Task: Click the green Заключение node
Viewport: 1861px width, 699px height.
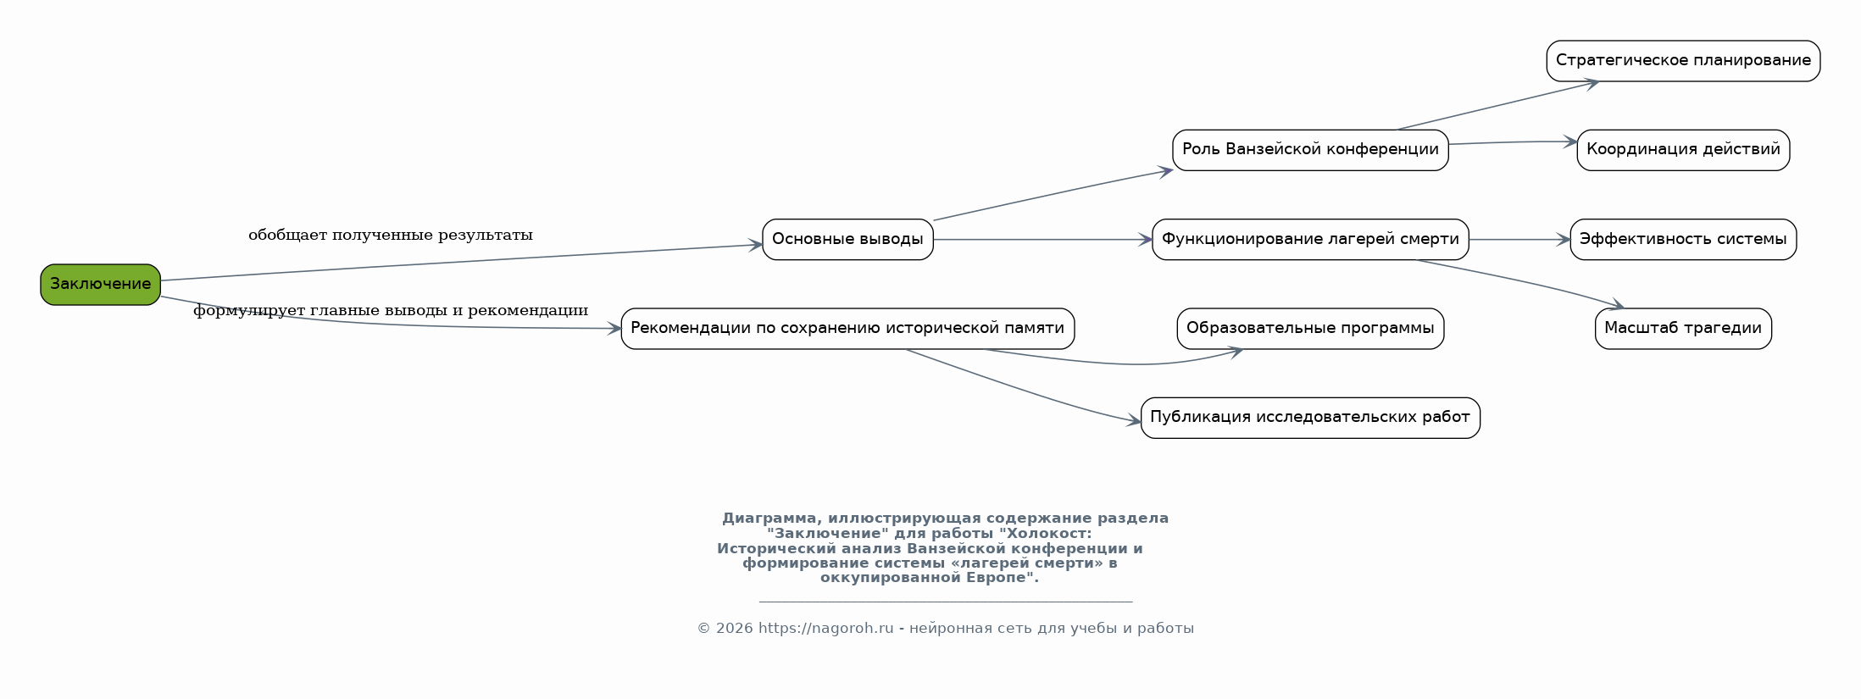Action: click(x=100, y=285)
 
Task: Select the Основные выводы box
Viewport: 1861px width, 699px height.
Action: click(x=847, y=240)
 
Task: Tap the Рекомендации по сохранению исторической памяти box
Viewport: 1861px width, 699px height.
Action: click(x=847, y=329)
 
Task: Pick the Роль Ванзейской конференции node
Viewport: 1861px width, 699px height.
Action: click(x=1310, y=150)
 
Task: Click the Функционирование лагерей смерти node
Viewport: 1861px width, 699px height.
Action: click(x=1310, y=240)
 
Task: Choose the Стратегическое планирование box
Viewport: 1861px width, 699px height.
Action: click(x=1683, y=61)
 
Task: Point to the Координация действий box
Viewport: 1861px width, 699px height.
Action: click(x=1683, y=150)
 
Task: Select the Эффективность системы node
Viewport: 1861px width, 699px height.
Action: click(x=1683, y=240)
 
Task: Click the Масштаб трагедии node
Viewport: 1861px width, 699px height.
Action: click(x=1683, y=329)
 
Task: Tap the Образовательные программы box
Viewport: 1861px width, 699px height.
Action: click(x=1310, y=329)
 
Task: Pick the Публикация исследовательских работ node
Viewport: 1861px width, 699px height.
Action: click(x=1310, y=418)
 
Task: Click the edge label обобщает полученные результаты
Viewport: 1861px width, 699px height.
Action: click(x=391, y=236)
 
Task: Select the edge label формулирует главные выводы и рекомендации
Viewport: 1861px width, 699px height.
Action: click(x=391, y=311)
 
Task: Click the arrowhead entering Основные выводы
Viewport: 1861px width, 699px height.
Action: click(x=756, y=245)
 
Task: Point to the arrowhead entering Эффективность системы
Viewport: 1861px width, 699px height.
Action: click(x=1564, y=240)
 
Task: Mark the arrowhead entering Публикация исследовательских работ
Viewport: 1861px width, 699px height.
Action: click(x=1134, y=420)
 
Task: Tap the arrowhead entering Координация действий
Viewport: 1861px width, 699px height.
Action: click(x=1569, y=142)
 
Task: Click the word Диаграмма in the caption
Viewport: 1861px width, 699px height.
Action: click(x=772, y=519)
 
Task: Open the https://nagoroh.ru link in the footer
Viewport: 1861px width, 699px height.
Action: click(x=826, y=629)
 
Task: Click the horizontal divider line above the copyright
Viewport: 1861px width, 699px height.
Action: click(x=946, y=602)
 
